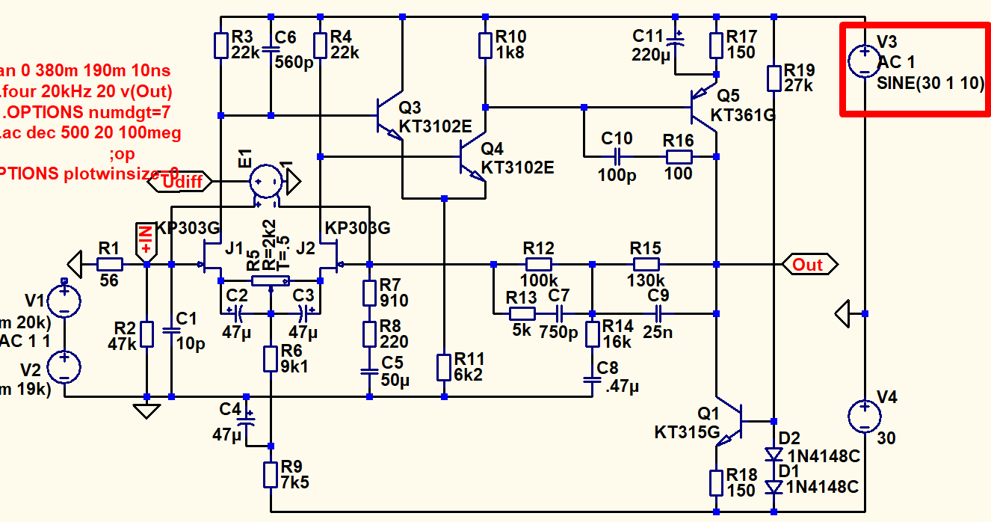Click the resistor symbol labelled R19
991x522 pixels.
pos(774,77)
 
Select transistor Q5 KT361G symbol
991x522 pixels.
pos(702,107)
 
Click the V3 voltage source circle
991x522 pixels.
pos(864,61)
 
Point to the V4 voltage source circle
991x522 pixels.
pos(864,416)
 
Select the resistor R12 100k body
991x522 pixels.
pos(539,264)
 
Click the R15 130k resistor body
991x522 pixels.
pos(646,264)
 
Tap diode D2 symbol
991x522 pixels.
pos(774,453)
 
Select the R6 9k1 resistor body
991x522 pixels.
pos(271,358)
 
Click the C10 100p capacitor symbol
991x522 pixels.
pos(617,156)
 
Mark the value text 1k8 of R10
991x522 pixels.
pos(511,53)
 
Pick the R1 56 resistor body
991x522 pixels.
pos(110,264)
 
